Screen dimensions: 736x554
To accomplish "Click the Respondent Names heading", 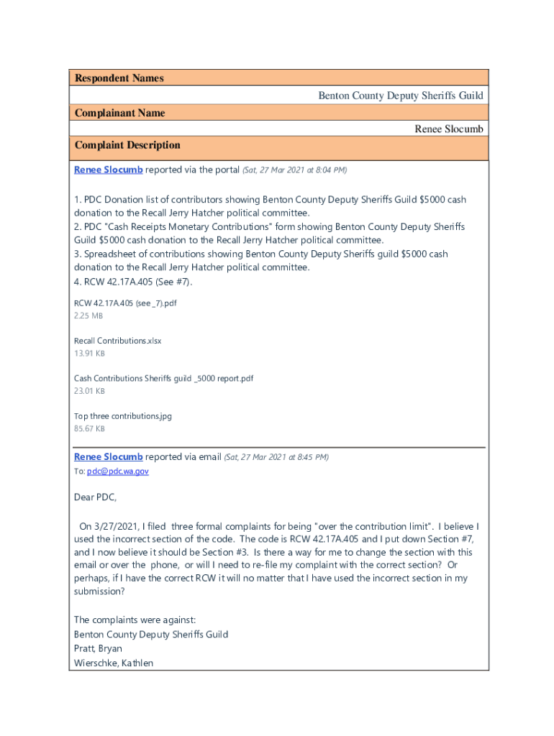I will coord(119,78).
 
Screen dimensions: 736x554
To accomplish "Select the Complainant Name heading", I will coord(119,113).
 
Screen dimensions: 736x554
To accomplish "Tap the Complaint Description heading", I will coord(127,145).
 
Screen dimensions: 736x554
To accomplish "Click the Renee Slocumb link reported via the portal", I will coord(108,170).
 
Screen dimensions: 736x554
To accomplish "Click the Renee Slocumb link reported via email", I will coord(108,457).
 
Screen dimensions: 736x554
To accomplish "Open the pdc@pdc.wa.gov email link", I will coord(118,471).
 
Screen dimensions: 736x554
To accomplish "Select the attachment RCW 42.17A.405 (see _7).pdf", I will coord(125,303).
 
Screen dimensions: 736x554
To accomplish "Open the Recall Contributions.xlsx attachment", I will coord(117,341).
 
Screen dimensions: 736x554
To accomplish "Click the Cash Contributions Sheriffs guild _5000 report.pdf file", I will coord(163,378).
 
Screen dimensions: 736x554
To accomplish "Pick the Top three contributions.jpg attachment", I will coord(122,416).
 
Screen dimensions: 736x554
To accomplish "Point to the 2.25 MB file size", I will coord(88,316).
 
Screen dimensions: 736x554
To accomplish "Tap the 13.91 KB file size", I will coord(89,354).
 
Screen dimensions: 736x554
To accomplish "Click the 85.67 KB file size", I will coord(89,429).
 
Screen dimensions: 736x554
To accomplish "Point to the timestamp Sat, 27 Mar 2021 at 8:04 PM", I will coord(295,170).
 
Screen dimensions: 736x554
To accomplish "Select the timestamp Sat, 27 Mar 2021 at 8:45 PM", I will coord(276,457).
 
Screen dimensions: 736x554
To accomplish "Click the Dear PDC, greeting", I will coord(95,497).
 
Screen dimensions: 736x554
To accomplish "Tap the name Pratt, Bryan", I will coord(98,648).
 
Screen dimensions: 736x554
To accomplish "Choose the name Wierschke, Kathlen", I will coord(114,663).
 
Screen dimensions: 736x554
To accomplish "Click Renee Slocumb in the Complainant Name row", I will coord(448,129).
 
